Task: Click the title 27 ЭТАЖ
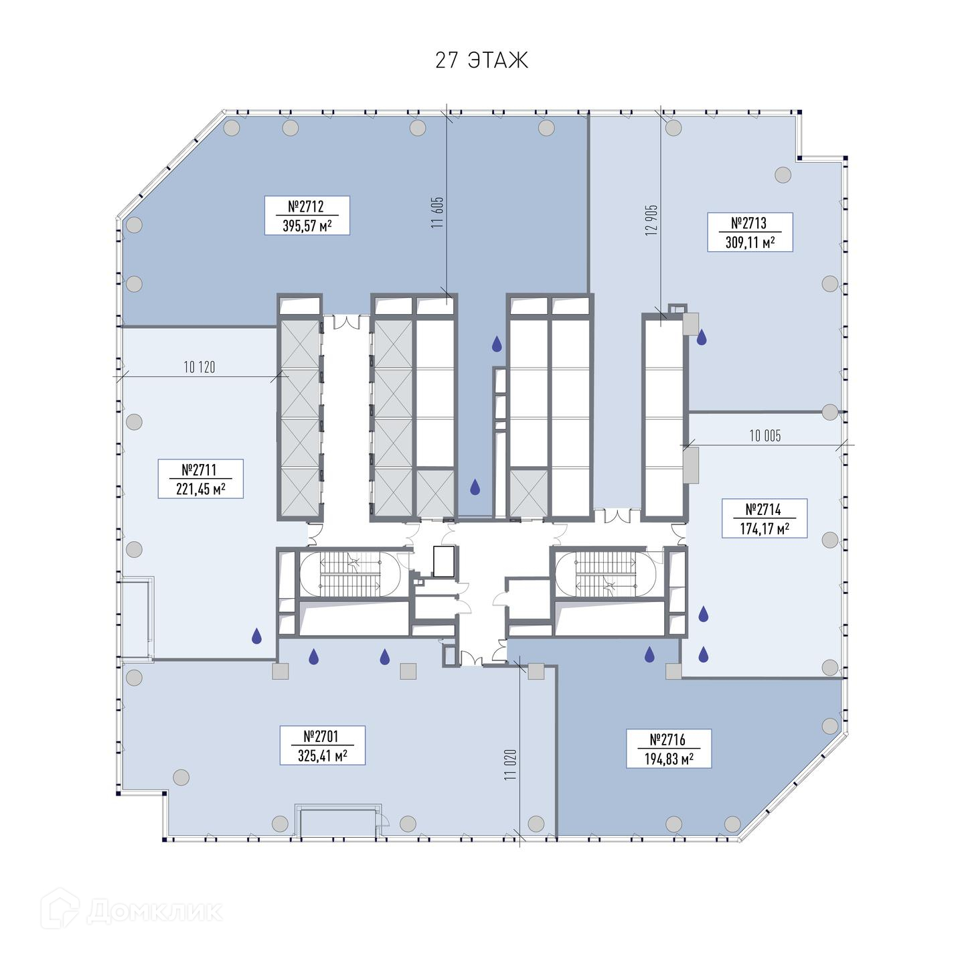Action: pos(481,60)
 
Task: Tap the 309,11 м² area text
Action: pos(749,242)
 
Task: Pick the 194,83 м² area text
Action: pos(668,759)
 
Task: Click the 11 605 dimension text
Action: pos(437,213)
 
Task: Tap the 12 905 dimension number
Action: pos(651,220)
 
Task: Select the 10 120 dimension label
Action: pos(199,368)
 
